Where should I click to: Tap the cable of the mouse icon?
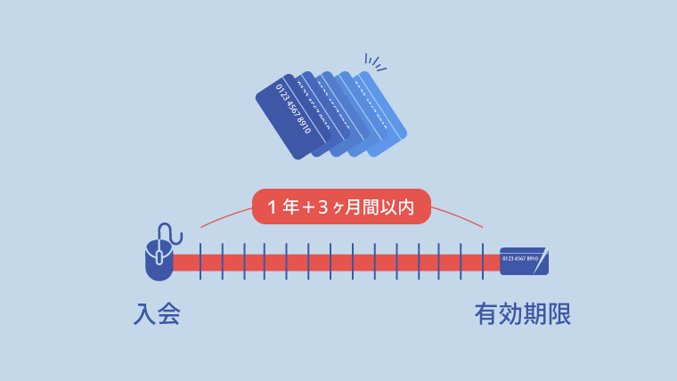(x=175, y=233)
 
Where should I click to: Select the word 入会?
(x=157, y=314)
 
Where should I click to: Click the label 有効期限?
(x=522, y=314)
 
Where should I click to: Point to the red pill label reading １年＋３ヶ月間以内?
(x=341, y=207)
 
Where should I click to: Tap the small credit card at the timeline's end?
(x=524, y=261)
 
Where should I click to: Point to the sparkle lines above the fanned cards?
(x=373, y=61)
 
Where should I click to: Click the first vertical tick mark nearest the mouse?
(x=200, y=262)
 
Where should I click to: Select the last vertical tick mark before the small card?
(x=483, y=262)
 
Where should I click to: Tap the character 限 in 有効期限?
(x=559, y=314)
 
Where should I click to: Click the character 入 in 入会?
(x=145, y=314)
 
